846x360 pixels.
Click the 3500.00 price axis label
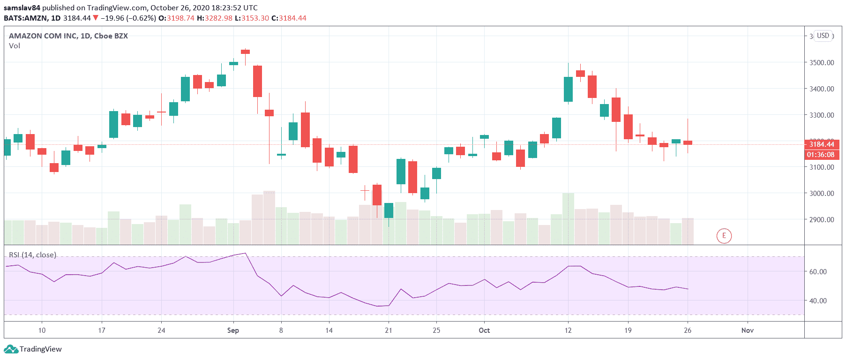(x=821, y=62)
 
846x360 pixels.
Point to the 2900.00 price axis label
(x=821, y=219)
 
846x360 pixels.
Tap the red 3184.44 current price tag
(x=821, y=144)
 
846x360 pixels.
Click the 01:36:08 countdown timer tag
(x=820, y=155)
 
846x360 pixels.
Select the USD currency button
(x=823, y=36)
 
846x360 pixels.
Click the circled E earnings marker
(x=724, y=236)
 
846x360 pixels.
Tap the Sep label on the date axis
(x=233, y=330)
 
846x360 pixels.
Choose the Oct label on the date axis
(x=484, y=330)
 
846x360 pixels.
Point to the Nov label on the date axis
(x=747, y=330)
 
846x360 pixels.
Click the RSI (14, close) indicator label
(x=32, y=255)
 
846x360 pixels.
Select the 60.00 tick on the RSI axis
(x=818, y=271)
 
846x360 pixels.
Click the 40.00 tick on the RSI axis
(x=818, y=300)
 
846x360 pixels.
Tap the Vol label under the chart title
(x=15, y=46)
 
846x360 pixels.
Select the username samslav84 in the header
(x=22, y=8)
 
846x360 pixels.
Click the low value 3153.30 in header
(x=255, y=18)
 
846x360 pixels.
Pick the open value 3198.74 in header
(x=180, y=18)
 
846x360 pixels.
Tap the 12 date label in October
(x=568, y=330)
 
